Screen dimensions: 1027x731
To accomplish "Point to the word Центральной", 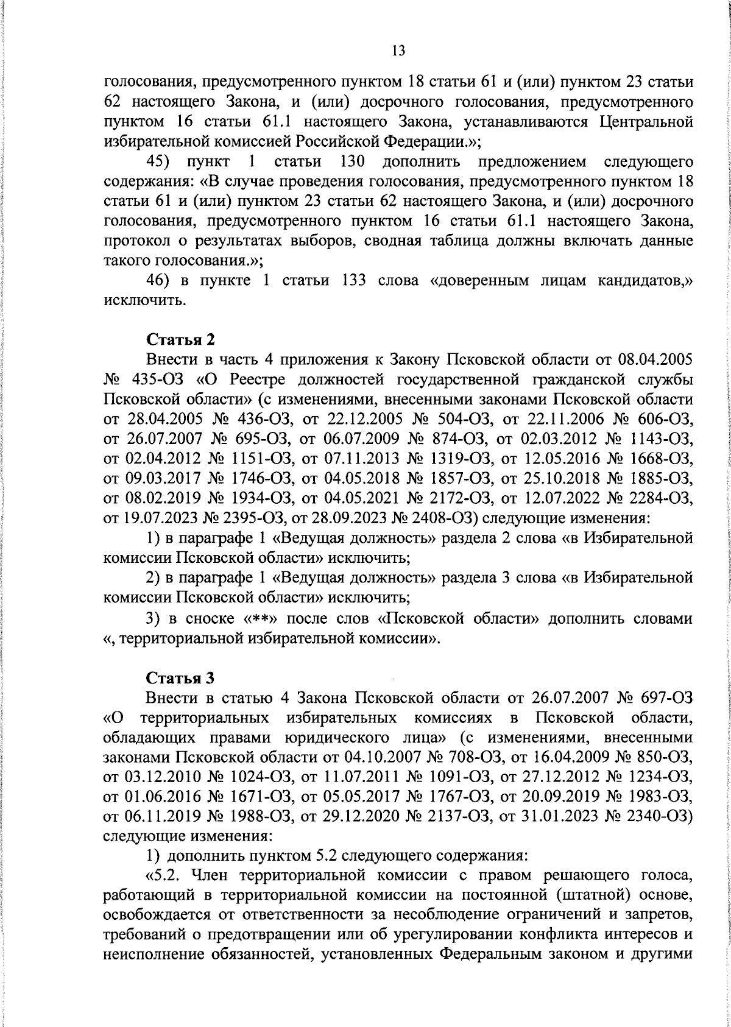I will tap(646, 122).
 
